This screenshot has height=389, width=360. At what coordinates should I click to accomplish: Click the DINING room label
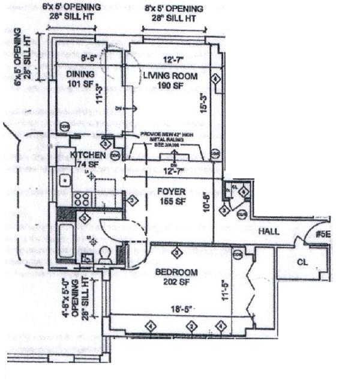point(80,74)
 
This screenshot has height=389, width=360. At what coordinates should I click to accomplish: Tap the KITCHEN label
point(88,155)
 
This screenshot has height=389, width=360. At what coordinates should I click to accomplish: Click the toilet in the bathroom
point(107,255)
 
